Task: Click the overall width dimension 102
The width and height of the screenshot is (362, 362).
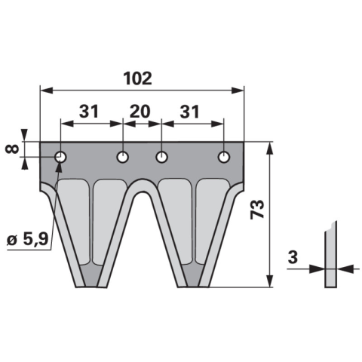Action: coord(138,78)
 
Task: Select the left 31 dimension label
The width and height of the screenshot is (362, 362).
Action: coord(88,112)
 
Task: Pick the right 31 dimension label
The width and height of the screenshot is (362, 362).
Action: coord(189,112)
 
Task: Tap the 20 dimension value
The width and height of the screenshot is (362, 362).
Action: coord(140,112)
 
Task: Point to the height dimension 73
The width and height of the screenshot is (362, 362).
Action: coord(258,210)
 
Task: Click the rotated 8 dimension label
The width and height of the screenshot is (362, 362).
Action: coord(12,149)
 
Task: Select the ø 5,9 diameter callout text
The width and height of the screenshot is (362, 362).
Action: coord(27,240)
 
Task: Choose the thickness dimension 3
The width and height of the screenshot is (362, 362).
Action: coord(293,257)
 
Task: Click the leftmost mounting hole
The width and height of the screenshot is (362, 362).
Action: coord(60,158)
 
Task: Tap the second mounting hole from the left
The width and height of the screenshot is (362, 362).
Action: coord(123,158)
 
